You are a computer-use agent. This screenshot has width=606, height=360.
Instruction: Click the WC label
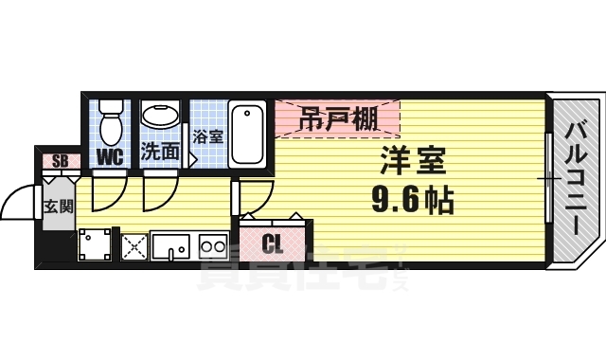(111, 154)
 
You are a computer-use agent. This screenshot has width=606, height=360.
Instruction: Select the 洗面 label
(160, 152)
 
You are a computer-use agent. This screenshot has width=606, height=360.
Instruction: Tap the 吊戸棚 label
(336, 119)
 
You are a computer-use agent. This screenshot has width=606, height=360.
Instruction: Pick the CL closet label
(273, 243)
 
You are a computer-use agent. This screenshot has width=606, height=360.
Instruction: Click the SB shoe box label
(59, 160)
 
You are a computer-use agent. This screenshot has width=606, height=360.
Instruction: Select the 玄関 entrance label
(59, 207)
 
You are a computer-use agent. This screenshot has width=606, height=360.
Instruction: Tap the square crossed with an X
(134, 246)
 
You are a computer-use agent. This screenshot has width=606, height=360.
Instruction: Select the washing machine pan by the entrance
(95, 245)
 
